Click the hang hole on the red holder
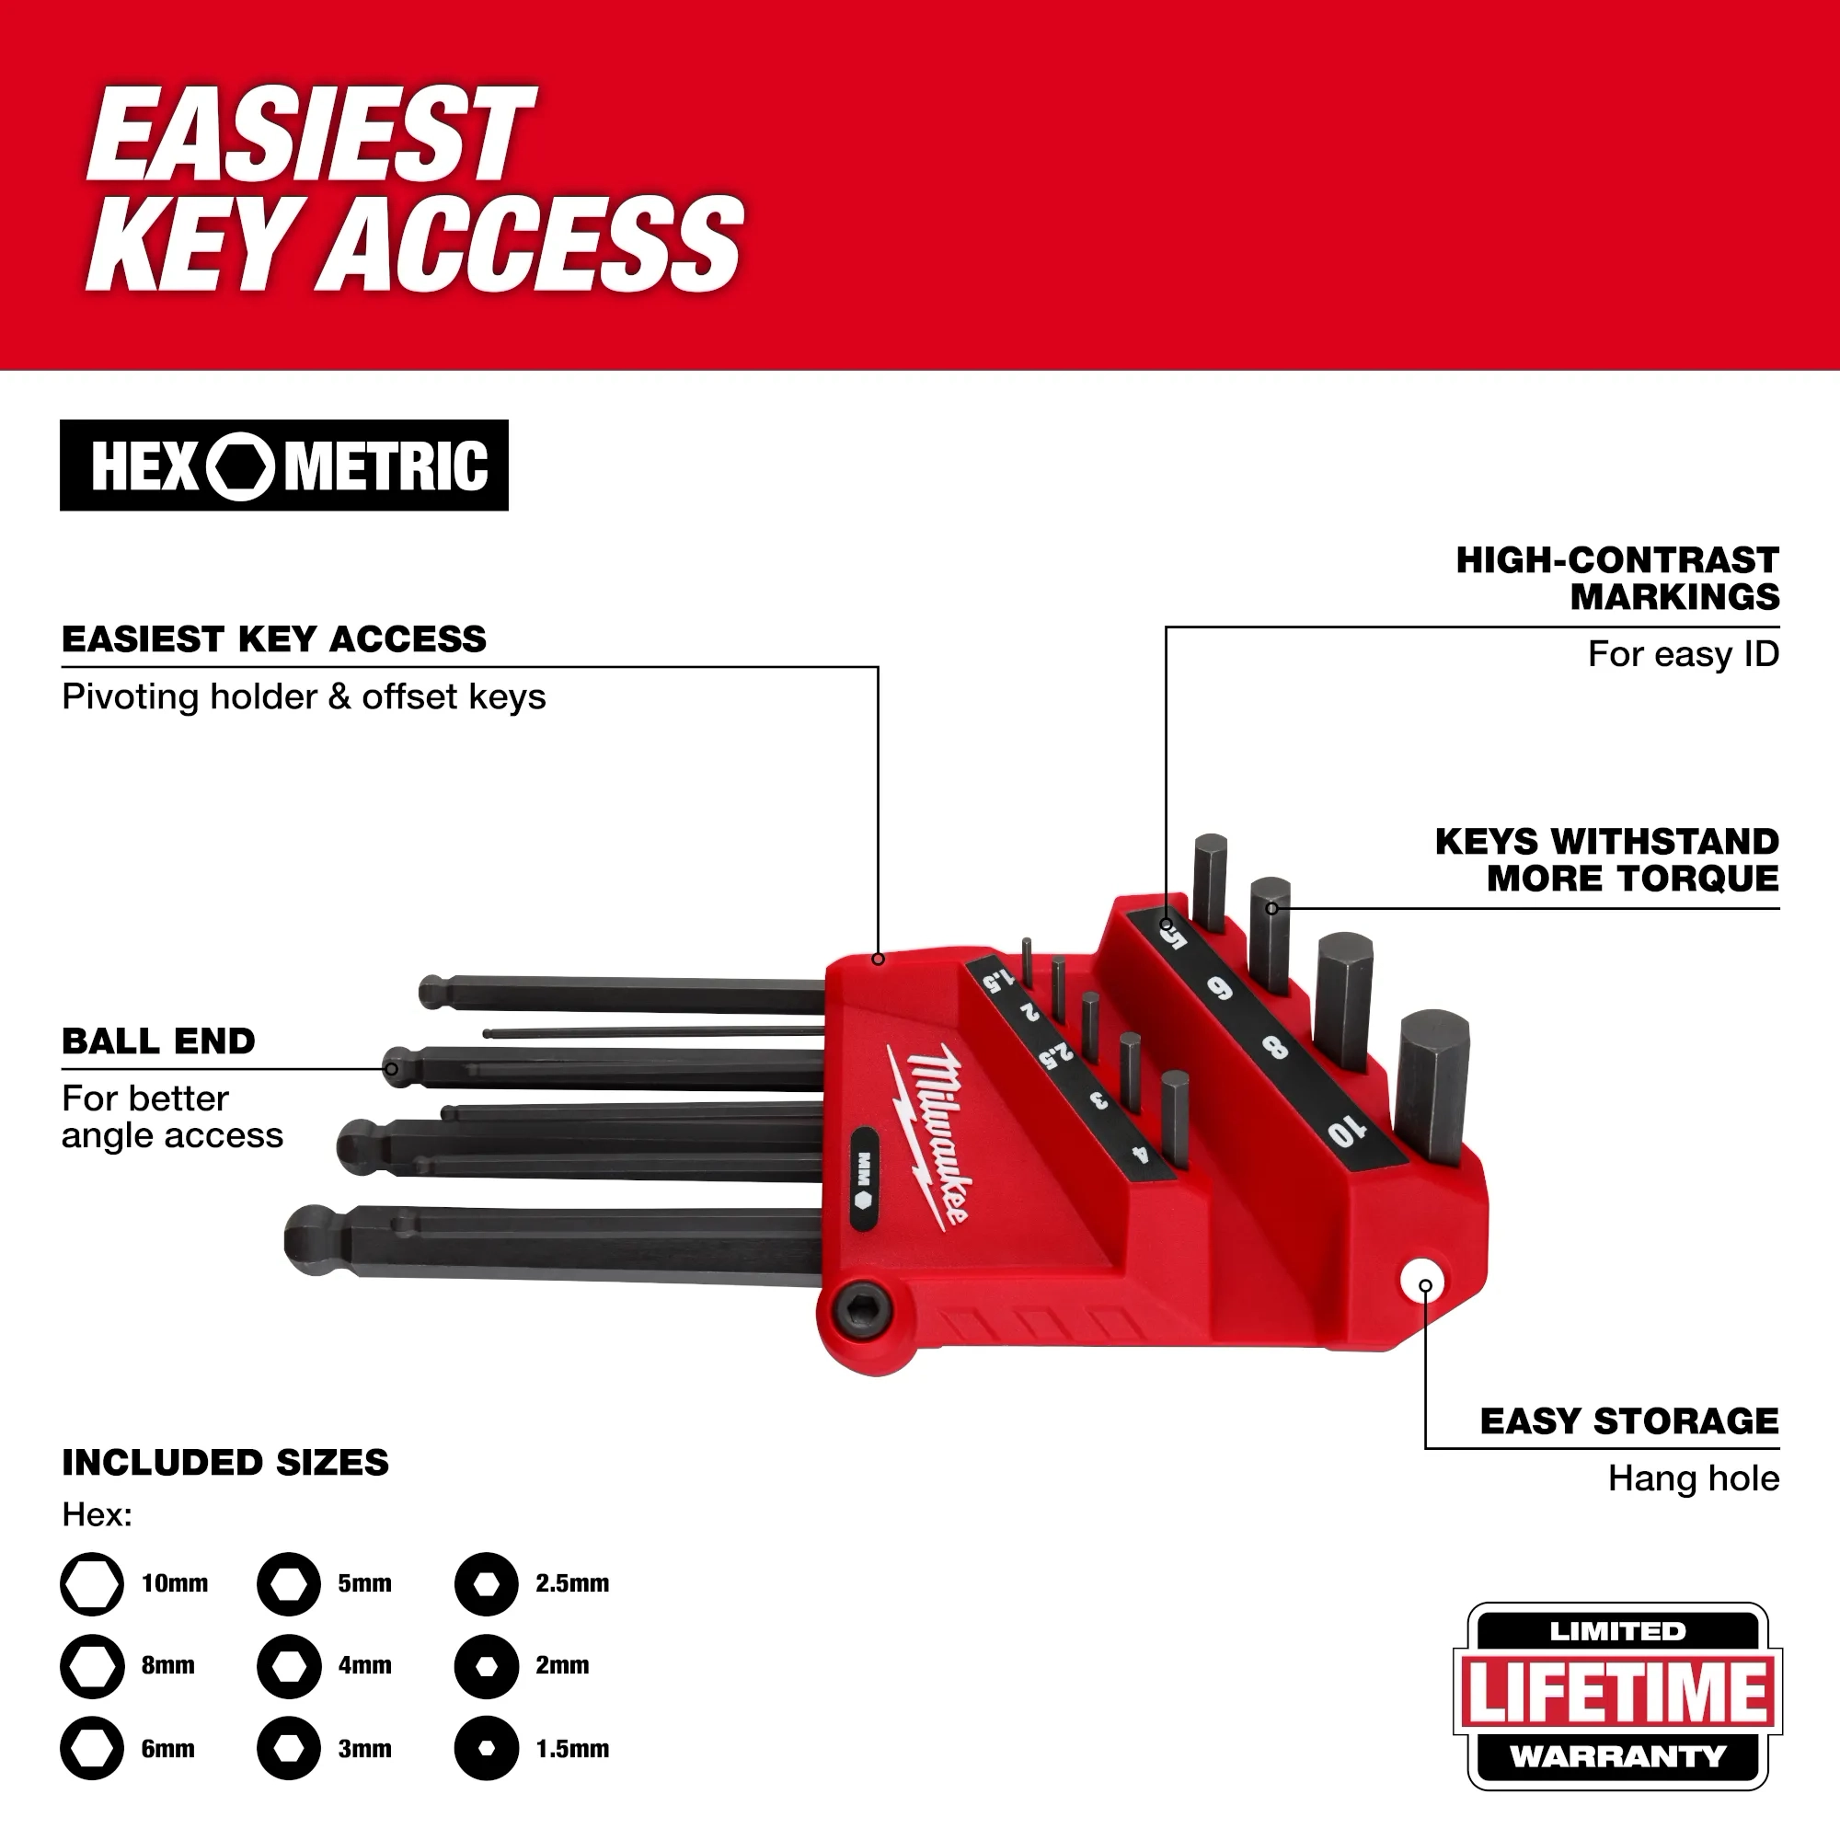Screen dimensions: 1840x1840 point(1423,1282)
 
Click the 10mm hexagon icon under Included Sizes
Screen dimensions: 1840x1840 point(92,1584)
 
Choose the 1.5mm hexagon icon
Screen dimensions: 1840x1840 point(486,1749)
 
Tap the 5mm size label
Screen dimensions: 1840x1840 point(364,1584)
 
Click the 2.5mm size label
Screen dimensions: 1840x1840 point(571,1584)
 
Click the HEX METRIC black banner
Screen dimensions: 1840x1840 point(283,466)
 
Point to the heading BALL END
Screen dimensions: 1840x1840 point(159,1041)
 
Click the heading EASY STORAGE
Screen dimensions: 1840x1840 point(1628,1421)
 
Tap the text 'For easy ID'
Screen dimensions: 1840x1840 point(1683,654)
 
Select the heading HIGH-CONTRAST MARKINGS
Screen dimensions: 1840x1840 point(1617,578)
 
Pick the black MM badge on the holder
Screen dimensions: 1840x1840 point(864,1179)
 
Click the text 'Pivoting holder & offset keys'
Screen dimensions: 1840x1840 point(304,697)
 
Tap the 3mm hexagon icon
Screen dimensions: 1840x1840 point(289,1749)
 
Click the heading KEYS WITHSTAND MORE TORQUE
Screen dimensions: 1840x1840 point(1606,860)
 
